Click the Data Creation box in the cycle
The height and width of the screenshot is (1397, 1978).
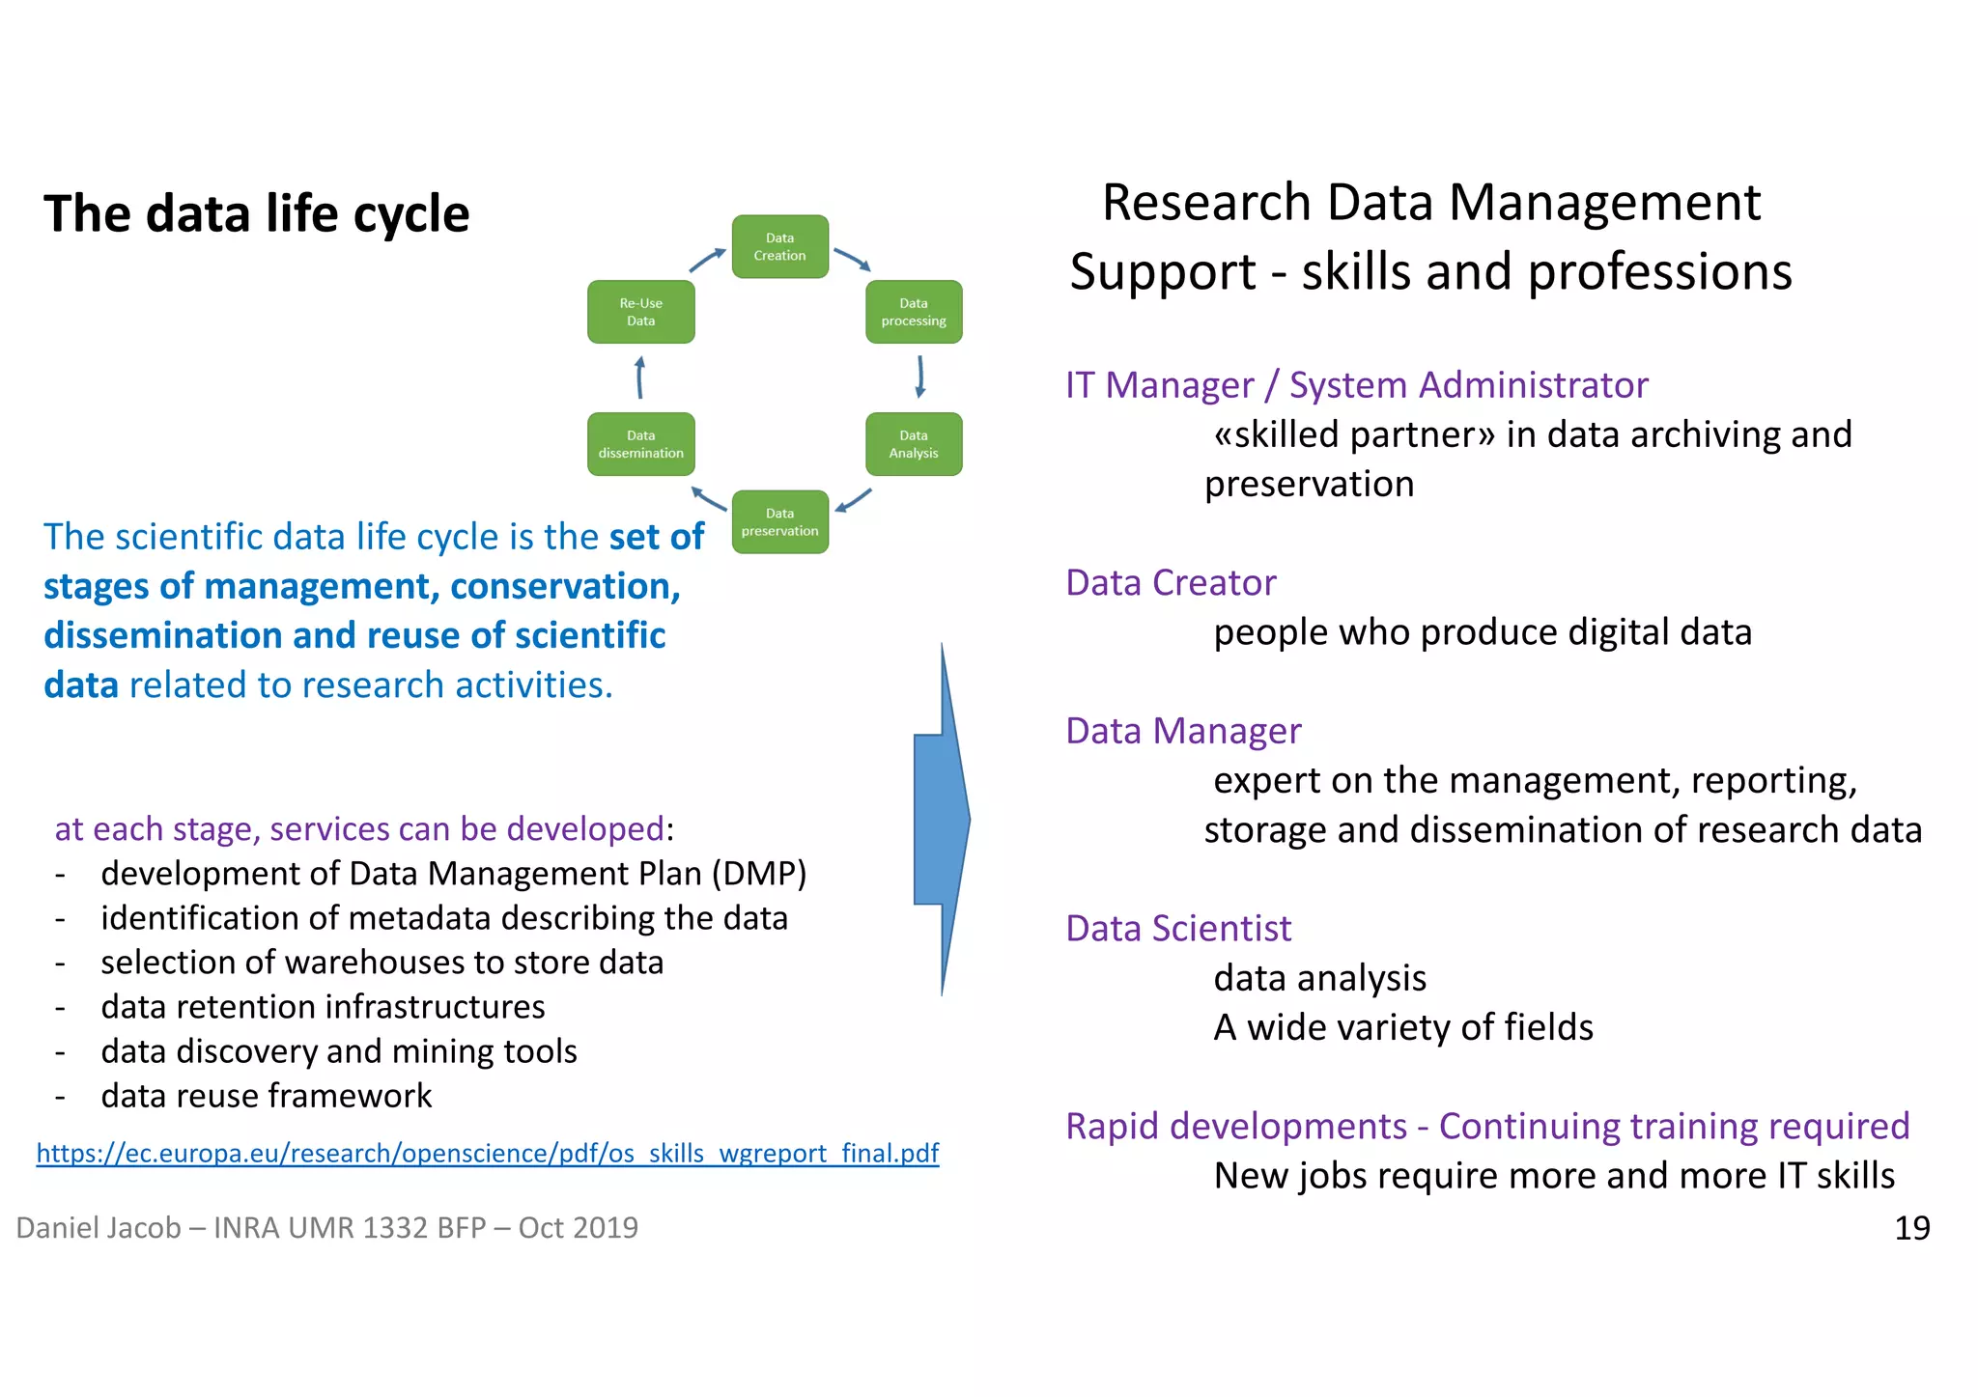point(779,247)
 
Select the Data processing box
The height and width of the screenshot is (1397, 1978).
point(914,312)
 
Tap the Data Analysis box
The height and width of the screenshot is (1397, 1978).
point(914,444)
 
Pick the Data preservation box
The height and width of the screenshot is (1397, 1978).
point(779,522)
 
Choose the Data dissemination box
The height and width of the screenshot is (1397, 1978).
point(640,444)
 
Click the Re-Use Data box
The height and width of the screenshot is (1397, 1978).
point(640,312)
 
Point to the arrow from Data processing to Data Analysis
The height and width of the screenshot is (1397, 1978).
point(920,377)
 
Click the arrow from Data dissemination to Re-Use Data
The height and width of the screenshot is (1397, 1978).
point(639,377)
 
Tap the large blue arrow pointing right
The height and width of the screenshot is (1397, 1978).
point(942,820)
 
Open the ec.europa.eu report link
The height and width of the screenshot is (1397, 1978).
point(488,1153)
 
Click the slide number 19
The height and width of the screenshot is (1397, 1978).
point(1911,1228)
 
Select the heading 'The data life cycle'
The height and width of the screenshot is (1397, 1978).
point(257,213)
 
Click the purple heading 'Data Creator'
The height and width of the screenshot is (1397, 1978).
point(1171,583)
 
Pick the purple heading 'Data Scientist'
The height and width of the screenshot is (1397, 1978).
point(1178,929)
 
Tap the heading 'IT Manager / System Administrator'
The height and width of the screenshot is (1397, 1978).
point(1356,385)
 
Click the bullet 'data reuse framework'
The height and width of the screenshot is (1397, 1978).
point(267,1096)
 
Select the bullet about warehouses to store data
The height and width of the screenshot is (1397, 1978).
point(381,963)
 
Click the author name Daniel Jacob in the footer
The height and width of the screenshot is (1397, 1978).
point(99,1228)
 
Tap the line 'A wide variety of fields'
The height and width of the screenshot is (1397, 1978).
point(1402,1027)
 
